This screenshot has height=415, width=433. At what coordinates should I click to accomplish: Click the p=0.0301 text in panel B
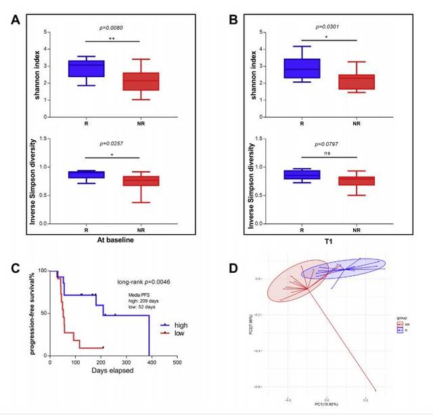pyautogui.click(x=329, y=28)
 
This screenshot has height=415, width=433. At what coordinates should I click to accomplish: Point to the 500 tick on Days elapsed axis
pyautogui.click(x=178, y=362)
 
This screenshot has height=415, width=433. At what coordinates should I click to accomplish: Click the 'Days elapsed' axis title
pyautogui.click(x=114, y=371)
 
